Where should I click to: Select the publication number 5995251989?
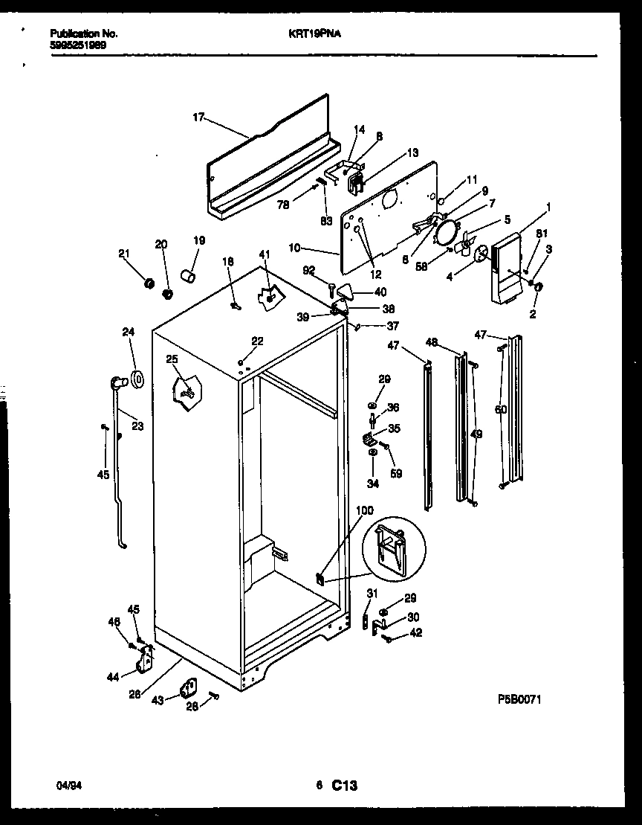(78, 44)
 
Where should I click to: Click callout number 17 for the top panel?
(198, 117)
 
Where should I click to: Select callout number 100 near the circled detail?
(365, 510)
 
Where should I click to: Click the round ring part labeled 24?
(137, 378)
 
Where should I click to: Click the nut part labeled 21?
(148, 284)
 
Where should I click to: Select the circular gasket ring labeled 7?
(447, 232)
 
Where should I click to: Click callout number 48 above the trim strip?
(432, 343)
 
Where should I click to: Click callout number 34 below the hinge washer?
(372, 484)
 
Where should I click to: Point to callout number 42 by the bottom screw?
(415, 633)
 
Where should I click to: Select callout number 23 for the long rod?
(137, 426)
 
